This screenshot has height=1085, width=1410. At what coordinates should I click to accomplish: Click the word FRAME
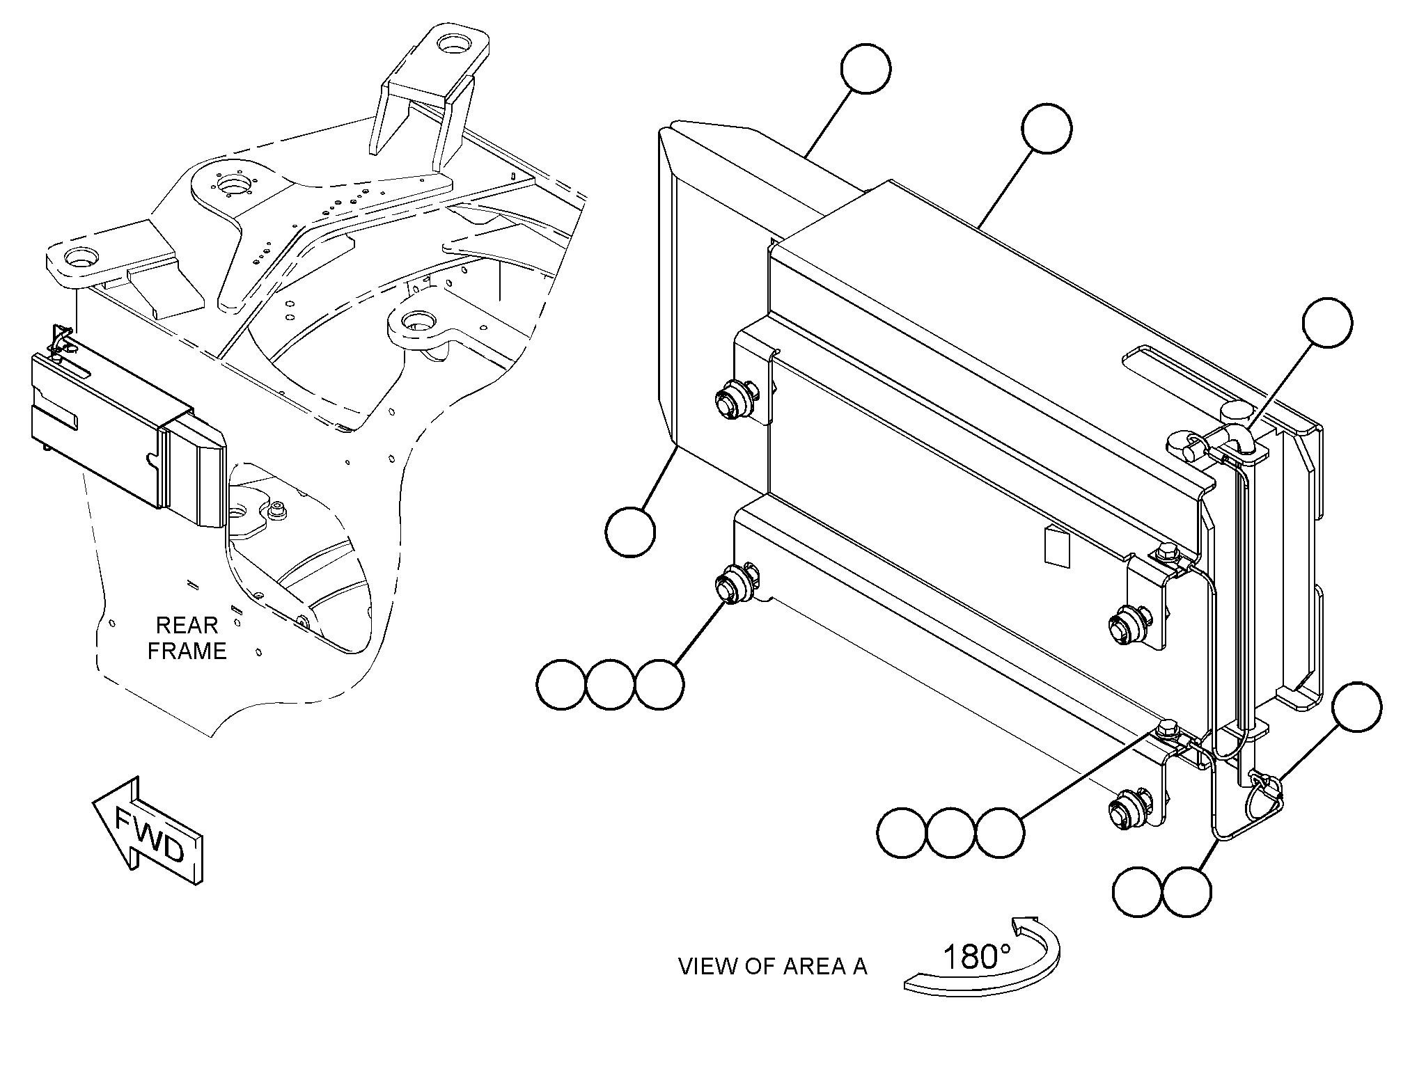coord(187,651)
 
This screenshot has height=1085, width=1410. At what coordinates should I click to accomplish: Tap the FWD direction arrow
coord(148,830)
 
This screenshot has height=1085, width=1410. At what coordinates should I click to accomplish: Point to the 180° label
coord(976,958)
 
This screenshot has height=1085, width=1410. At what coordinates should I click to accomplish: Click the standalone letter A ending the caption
coord(859,967)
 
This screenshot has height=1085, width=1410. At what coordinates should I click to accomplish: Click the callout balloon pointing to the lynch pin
coord(1356,706)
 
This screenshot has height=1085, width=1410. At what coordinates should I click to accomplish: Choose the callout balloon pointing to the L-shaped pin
coord(1328,322)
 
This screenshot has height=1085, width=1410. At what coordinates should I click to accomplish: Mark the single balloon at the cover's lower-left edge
coord(631,532)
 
